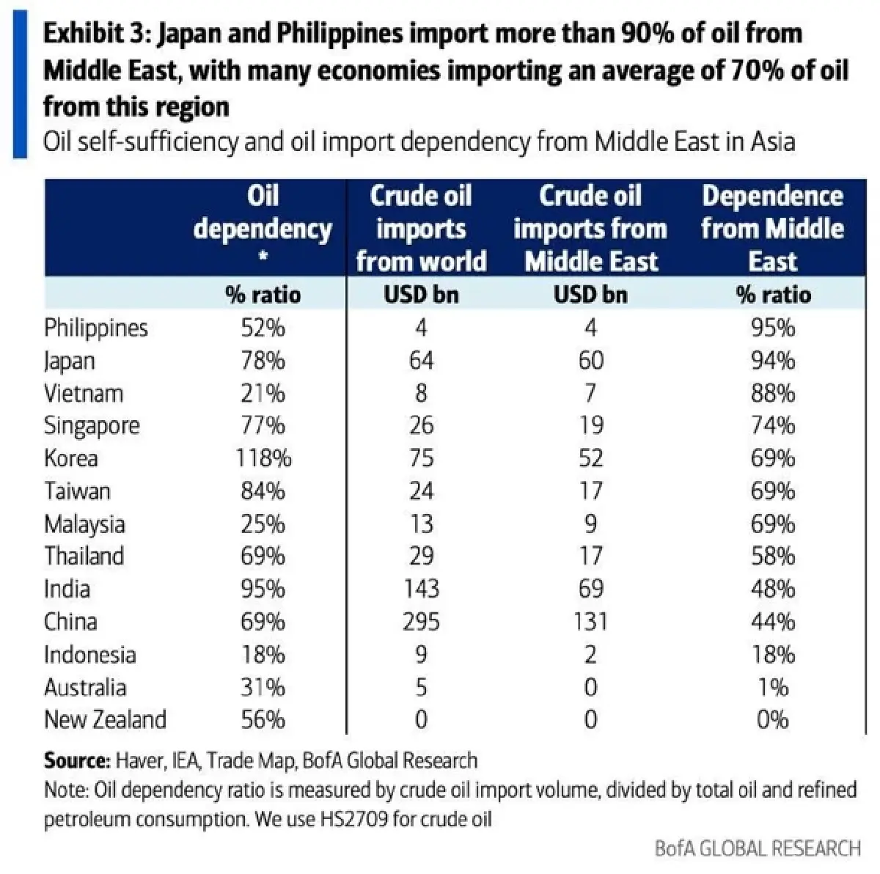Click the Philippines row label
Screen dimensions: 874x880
pyautogui.click(x=96, y=328)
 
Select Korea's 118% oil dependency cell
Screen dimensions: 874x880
pyautogui.click(x=263, y=458)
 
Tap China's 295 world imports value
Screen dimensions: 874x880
pyautogui.click(x=421, y=622)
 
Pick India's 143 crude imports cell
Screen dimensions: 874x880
pyautogui.click(x=421, y=589)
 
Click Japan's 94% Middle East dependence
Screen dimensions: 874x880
pyautogui.click(x=772, y=361)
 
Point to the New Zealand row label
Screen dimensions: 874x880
pyautogui.click(x=105, y=719)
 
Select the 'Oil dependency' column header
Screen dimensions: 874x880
pyautogui.click(x=263, y=213)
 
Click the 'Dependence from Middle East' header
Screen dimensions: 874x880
pyautogui.click(x=772, y=228)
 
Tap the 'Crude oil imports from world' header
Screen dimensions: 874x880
pyautogui.click(x=421, y=228)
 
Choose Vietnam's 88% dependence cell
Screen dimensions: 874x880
pyautogui.click(x=772, y=394)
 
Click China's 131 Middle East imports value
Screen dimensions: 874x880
pyautogui.click(x=590, y=622)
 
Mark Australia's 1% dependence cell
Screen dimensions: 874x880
pyautogui.click(x=772, y=687)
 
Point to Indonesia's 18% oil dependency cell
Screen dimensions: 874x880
pyautogui.click(x=263, y=654)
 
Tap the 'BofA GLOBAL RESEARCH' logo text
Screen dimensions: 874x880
pyautogui.click(x=757, y=848)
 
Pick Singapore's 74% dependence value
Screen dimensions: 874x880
pyautogui.click(x=772, y=426)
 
